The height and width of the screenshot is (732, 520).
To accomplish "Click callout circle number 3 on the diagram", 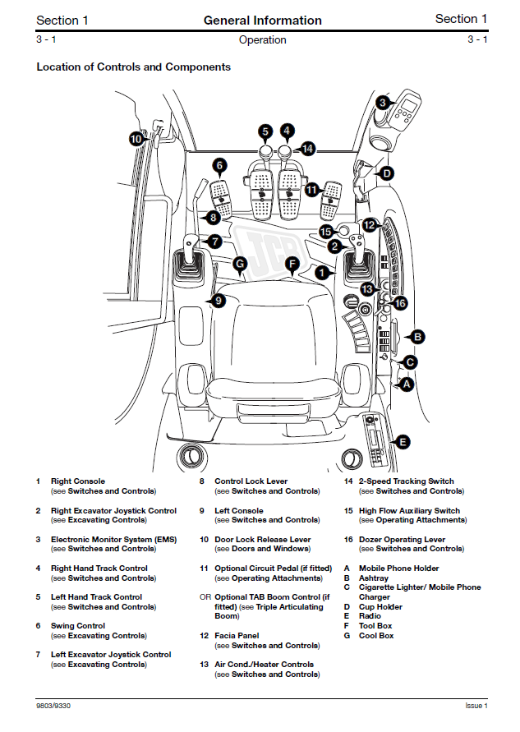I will point(383,103).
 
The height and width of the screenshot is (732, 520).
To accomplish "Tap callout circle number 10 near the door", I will point(136,139).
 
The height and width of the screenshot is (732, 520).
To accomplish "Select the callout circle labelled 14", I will point(307,149).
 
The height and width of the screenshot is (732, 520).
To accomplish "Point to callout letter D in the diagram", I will point(386,173).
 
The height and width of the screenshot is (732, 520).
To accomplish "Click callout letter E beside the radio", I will point(401,442).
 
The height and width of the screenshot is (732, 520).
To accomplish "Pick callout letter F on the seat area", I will point(291,264).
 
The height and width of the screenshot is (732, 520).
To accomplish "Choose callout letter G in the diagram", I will point(239,264).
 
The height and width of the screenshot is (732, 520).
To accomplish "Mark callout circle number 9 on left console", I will point(218,301).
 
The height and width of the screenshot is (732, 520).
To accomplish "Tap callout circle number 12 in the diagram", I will point(370,224).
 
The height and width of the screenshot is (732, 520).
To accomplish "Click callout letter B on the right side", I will point(417,336).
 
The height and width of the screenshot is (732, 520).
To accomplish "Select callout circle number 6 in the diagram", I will point(219,165).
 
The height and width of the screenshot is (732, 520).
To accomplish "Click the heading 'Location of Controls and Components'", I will point(133,67).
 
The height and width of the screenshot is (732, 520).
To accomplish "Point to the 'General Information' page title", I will point(262,20).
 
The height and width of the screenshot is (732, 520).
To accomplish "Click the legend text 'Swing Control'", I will point(78,625).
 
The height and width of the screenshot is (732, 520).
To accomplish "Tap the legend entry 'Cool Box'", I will point(376,635).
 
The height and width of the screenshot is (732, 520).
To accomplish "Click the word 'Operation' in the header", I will point(262,39).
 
